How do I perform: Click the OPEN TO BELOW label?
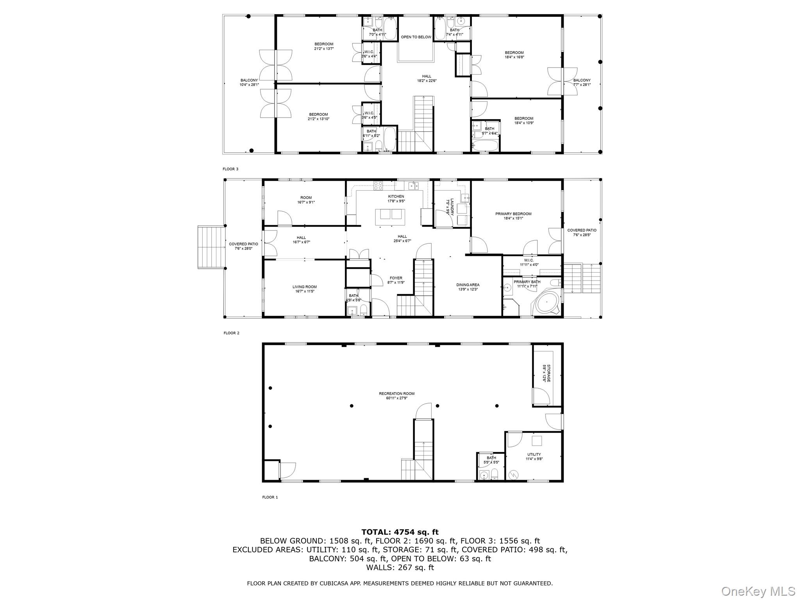point(416,37)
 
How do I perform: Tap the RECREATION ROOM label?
point(396,393)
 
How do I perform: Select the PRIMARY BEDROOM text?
point(513,214)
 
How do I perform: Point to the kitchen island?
point(390,217)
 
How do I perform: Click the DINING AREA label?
point(468,285)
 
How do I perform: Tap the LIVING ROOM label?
point(304,287)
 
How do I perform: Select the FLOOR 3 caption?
point(230,169)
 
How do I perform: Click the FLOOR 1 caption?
point(270,497)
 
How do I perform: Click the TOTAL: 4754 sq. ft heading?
point(400,532)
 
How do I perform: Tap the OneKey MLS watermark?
point(758,591)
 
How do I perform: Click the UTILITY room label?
point(534,454)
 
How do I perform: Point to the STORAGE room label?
point(548,373)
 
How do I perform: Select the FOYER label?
point(396,278)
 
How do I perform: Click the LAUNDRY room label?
point(452,207)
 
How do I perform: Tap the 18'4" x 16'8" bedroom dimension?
point(514,57)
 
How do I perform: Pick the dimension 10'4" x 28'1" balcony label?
point(249,84)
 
